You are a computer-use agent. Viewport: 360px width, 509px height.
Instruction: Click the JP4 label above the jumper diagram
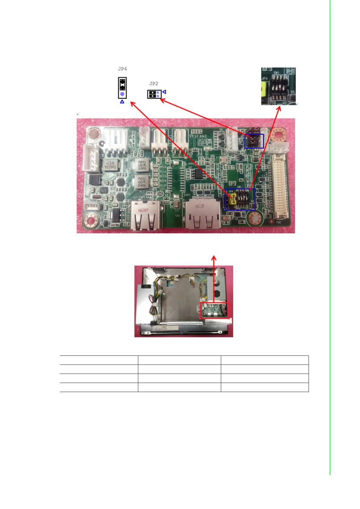(122, 69)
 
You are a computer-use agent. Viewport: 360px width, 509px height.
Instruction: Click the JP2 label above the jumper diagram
(153, 83)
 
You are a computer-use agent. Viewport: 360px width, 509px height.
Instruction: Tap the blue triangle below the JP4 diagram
(122, 102)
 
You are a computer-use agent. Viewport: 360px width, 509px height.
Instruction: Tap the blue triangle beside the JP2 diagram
(164, 92)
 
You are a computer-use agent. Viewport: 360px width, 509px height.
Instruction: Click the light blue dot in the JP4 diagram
(122, 94)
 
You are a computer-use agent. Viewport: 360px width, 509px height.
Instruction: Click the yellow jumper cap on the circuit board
(233, 199)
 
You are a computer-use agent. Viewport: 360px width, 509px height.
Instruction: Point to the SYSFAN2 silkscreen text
(198, 136)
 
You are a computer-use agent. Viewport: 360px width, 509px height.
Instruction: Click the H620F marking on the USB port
(143, 210)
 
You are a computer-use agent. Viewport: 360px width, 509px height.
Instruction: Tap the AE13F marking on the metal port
(200, 207)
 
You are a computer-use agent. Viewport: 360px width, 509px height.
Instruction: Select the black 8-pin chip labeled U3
(198, 173)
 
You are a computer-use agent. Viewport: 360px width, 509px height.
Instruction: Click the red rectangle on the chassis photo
(215, 310)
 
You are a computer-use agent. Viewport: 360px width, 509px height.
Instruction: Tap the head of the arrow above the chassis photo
(214, 258)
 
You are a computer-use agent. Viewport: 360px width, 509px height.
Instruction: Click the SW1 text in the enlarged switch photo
(276, 73)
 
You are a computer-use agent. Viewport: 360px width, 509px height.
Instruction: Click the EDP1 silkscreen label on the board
(187, 195)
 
